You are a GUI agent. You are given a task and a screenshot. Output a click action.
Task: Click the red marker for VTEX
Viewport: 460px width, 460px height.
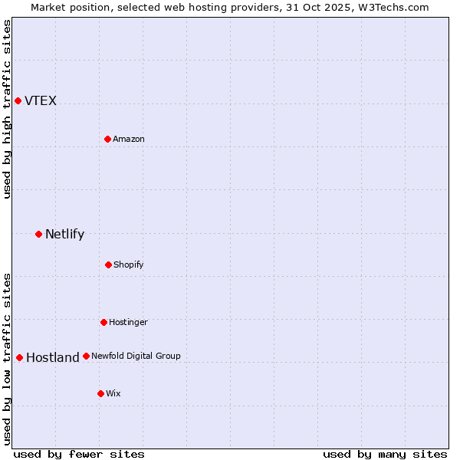[18, 100]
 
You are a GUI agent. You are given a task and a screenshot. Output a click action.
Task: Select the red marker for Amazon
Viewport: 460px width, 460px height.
[107, 139]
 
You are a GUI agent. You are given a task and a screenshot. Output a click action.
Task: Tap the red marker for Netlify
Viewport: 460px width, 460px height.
[38, 234]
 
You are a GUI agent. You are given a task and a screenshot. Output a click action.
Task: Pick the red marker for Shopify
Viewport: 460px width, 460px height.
[108, 264]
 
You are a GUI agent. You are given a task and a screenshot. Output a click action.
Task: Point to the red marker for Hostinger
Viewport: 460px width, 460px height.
[103, 322]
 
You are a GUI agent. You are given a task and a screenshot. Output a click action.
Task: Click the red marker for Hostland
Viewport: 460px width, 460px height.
[19, 357]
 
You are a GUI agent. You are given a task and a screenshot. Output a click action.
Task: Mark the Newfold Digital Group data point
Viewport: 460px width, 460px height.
[86, 356]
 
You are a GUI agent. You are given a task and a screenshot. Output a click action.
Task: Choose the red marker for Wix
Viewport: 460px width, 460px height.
[100, 393]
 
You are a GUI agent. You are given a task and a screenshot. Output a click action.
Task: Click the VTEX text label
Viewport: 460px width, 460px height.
[41, 101]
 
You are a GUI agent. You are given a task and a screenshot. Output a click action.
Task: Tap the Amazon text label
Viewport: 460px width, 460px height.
[129, 140]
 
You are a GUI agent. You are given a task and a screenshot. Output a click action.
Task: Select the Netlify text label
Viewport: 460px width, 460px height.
[64, 235]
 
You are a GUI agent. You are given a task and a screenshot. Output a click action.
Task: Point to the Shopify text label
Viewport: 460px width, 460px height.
[129, 265]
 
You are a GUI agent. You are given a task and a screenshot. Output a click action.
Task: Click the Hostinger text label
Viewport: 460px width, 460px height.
[128, 323]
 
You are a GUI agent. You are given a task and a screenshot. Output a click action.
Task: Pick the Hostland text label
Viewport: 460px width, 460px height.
[53, 358]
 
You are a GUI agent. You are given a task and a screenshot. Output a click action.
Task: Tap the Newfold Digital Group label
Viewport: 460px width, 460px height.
[136, 356]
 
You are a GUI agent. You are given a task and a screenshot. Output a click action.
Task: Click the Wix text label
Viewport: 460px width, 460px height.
[113, 394]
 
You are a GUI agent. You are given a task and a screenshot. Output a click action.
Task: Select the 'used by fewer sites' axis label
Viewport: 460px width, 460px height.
[79, 454]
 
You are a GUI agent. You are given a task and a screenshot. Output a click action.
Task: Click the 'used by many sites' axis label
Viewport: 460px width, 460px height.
[385, 454]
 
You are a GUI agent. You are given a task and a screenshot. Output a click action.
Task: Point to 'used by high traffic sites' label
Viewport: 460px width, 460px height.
[7, 109]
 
